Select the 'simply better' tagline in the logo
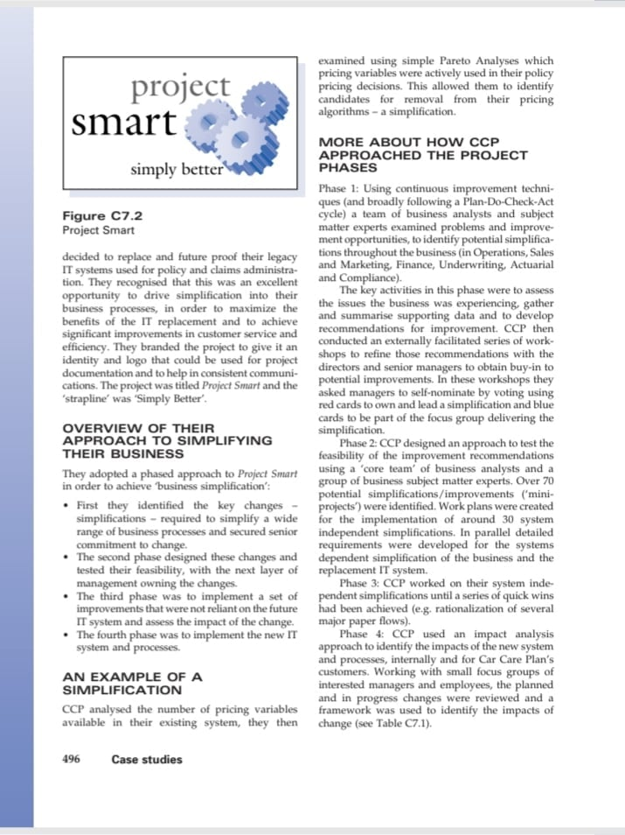click(177, 169)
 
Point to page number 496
click(72, 759)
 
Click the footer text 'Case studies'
click(147, 759)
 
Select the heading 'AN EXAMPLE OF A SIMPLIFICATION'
click(132, 684)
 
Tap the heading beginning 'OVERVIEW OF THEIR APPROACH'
click(167, 441)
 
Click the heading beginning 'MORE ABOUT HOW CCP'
click(423, 154)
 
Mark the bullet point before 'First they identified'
click(68, 506)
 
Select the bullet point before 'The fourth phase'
click(68, 635)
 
